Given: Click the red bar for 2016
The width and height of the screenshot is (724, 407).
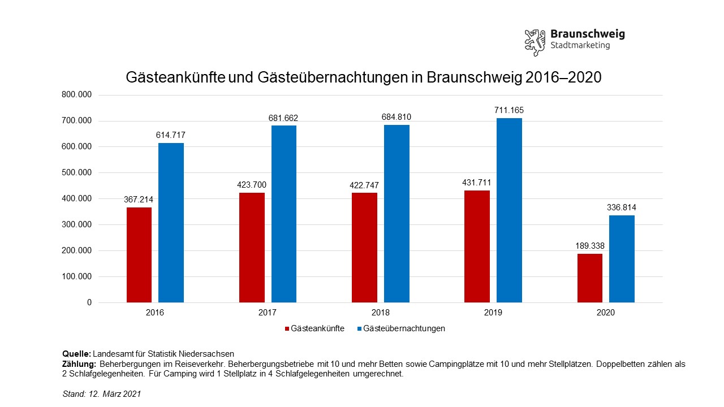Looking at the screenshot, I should (139, 255).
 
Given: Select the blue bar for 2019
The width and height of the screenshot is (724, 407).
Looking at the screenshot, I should (509, 210).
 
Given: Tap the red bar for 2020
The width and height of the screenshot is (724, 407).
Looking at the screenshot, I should (590, 278).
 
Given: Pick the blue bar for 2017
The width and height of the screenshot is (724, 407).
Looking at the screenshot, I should (284, 214).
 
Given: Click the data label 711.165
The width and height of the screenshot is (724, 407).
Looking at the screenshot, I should (510, 110).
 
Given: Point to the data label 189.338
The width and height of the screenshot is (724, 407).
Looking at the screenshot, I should (590, 246).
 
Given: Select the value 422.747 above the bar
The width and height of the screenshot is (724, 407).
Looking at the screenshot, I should (364, 185).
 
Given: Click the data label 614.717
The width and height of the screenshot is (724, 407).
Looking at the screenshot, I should (171, 135).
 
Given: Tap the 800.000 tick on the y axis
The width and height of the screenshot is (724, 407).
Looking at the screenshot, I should (77, 95).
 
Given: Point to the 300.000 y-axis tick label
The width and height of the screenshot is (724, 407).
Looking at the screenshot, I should (77, 224).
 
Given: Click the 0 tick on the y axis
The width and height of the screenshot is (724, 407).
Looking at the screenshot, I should (89, 302).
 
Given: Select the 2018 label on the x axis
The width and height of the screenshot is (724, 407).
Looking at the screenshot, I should (381, 313).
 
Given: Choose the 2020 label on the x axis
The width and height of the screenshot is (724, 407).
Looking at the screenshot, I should (606, 313).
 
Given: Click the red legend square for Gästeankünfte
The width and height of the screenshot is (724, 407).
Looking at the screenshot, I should (287, 328).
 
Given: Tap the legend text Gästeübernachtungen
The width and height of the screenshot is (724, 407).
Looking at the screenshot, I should (404, 328).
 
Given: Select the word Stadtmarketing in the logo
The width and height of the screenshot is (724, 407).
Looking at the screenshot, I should (580, 46).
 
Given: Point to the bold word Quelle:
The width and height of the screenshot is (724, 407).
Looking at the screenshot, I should (76, 354).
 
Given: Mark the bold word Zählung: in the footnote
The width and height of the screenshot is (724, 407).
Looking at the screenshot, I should (80, 364).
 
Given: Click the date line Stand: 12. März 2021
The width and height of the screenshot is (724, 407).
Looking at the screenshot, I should (101, 394).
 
